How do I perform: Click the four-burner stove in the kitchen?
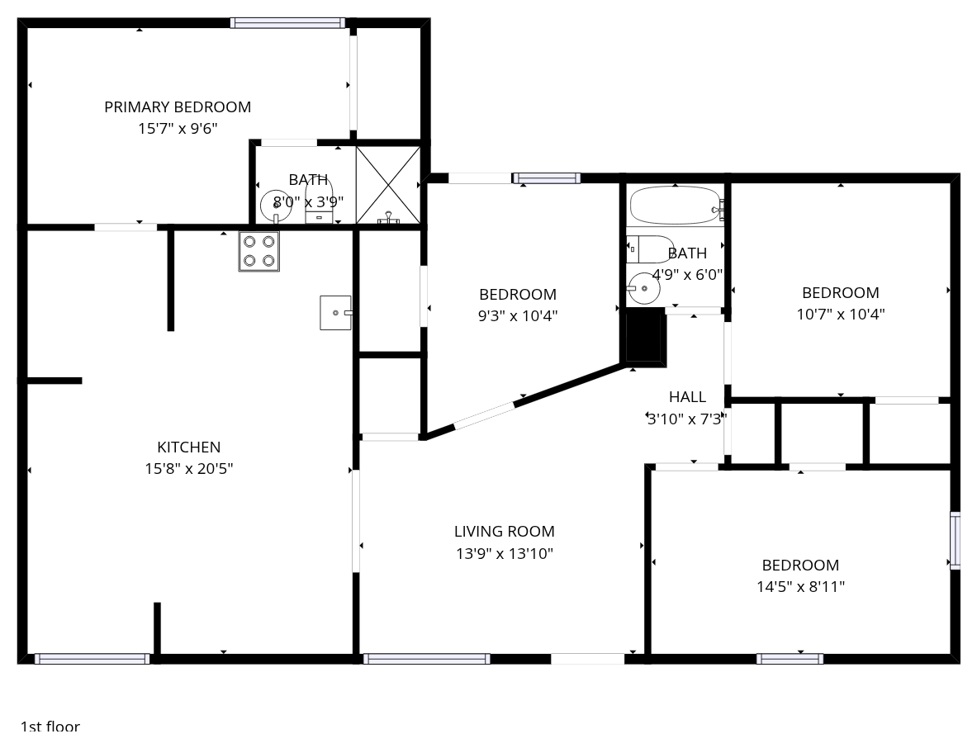[258, 251]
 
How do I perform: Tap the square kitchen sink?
[336, 313]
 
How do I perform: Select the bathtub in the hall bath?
[676, 205]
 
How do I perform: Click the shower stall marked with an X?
[387, 185]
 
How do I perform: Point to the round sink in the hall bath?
[643, 288]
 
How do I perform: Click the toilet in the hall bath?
[650, 249]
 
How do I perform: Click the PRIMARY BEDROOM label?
[178, 107]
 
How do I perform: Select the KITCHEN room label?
[189, 447]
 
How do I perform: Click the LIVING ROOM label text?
[504, 531]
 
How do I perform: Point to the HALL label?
[687, 397]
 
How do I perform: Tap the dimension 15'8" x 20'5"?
[189, 468]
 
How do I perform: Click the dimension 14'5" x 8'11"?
[800, 587]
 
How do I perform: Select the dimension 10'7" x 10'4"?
[841, 314]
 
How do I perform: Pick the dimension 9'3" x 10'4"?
[518, 315]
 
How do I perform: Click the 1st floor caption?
[50, 727]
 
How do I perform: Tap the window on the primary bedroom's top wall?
[287, 23]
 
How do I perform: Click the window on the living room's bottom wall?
[427, 659]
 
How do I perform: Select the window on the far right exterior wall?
[956, 541]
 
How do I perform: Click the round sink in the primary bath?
[275, 206]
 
